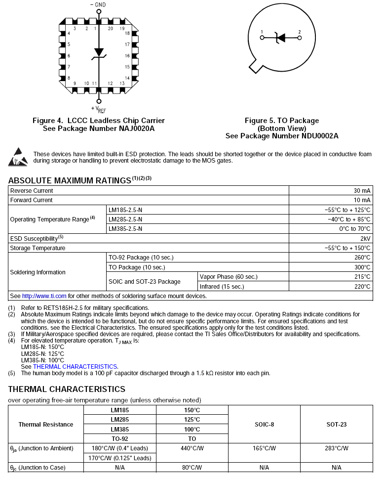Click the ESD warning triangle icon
pyautogui.click(x=18, y=156)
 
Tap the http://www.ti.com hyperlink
pyautogui.click(x=44, y=296)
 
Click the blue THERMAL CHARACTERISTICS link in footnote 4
pyautogui.click(x=75, y=366)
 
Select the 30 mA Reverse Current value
pyautogui.click(x=362, y=191)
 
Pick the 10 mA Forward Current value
pyautogui.click(x=362, y=200)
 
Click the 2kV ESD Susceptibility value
pyautogui.click(x=365, y=238)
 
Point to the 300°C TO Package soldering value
pyautogui.click(x=362, y=267)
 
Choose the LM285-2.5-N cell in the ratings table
pyautogui.click(x=125, y=219)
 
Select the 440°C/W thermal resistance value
pyautogui.click(x=192, y=448)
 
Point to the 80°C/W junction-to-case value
pyautogui.click(x=192, y=467)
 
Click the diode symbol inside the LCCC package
pyautogui.click(x=99, y=52)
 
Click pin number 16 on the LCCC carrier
pyautogui.click(x=127, y=56)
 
